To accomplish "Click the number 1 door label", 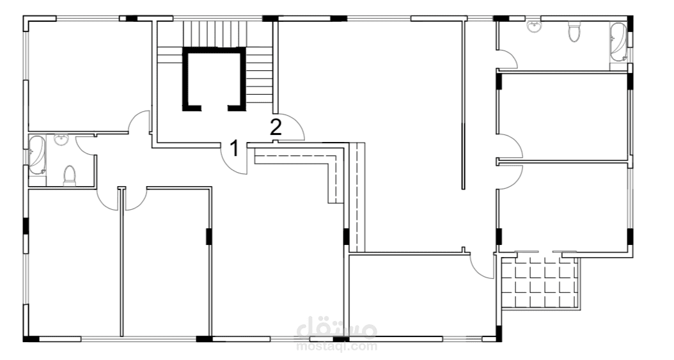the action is pyautogui.click(x=234, y=148).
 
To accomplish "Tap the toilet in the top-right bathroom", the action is pyautogui.click(x=574, y=31).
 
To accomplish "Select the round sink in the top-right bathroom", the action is pyautogui.click(x=535, y=26).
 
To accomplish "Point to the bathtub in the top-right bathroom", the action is pyautogui.click(x=618, y=43).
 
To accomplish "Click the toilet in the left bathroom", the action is pyautogui.click(x=69, y=176).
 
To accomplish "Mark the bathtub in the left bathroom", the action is pyautogui.click(x=37, y=155).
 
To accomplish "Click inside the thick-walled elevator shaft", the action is pyautogui.click(x=214, y=79).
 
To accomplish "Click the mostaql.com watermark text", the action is pyautogui.click(x=337, y=346).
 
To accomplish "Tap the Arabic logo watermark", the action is pyautogui.click(x=337, y=329).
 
